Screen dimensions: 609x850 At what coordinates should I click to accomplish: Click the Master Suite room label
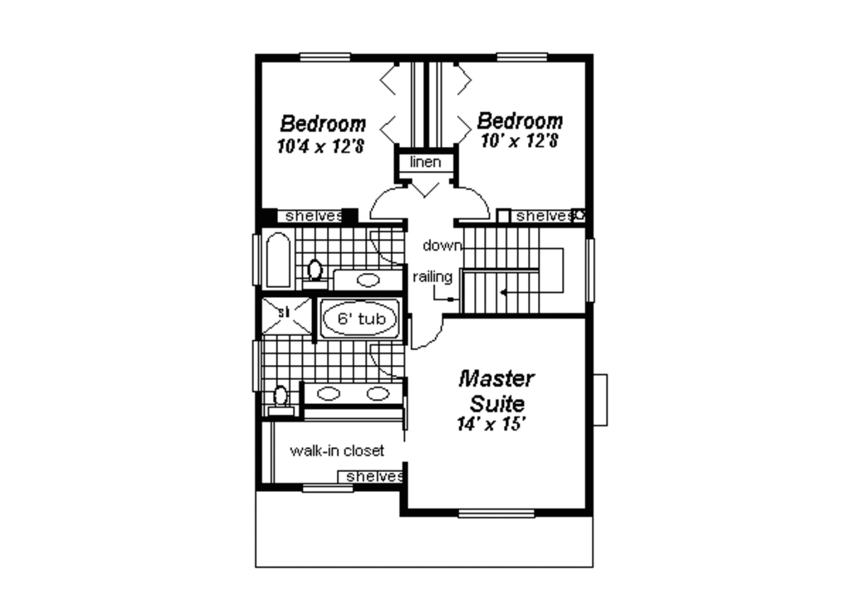496,392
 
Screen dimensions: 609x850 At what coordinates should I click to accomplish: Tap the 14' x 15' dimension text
493,424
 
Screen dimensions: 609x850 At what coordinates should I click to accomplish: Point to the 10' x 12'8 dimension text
519,140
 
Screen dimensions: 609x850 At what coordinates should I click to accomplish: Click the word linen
426,162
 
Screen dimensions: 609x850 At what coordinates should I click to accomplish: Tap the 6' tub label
360,318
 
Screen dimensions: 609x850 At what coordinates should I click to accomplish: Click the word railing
432,276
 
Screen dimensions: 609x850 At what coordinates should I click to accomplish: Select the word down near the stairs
442,245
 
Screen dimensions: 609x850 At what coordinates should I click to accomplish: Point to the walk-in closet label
337,451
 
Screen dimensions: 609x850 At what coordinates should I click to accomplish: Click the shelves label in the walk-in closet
374,476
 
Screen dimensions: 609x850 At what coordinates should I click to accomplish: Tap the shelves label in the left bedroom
313,216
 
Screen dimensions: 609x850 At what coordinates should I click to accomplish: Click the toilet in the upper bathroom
315,270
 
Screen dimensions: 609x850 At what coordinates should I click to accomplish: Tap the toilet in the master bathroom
281,397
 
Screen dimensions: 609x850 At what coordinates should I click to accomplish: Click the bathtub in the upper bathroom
277,261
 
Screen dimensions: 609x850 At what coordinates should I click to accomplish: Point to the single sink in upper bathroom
368,280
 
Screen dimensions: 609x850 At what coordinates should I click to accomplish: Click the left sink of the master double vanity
329,393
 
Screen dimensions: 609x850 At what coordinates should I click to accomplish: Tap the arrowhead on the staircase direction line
502,292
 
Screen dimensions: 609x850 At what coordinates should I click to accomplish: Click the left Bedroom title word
322,124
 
